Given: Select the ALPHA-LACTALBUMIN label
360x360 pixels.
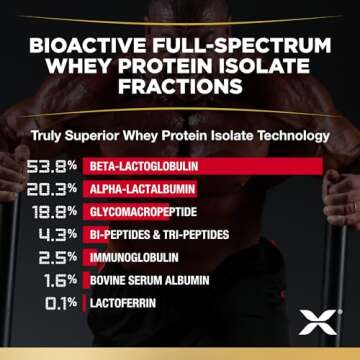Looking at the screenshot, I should (x=136, y=188).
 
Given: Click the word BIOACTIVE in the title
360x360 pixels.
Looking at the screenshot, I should (x=96, y=48).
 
